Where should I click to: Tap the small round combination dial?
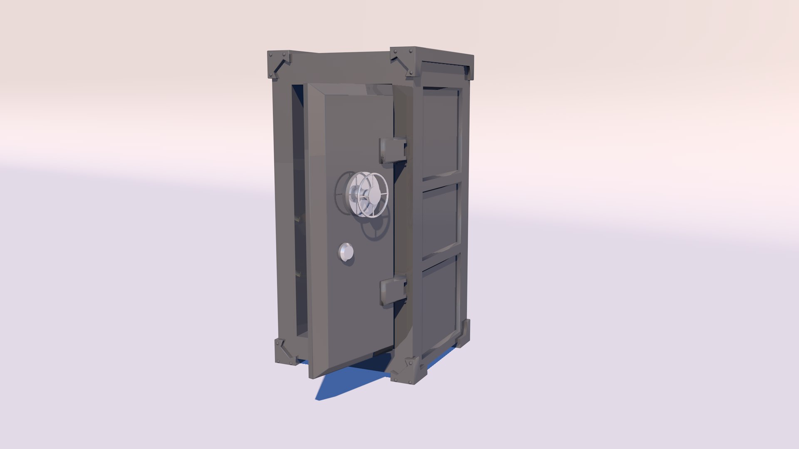(x=346, y=252)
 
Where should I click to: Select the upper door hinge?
(x=392, y=150)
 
